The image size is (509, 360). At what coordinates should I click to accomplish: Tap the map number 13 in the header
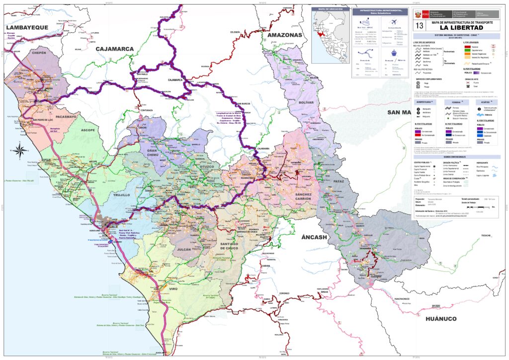point(420,25)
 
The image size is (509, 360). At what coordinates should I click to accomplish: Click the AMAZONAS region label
point(285,35)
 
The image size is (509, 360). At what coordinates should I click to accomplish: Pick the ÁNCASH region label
point(314,237)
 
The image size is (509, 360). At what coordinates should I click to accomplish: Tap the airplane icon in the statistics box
point(396,22)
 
